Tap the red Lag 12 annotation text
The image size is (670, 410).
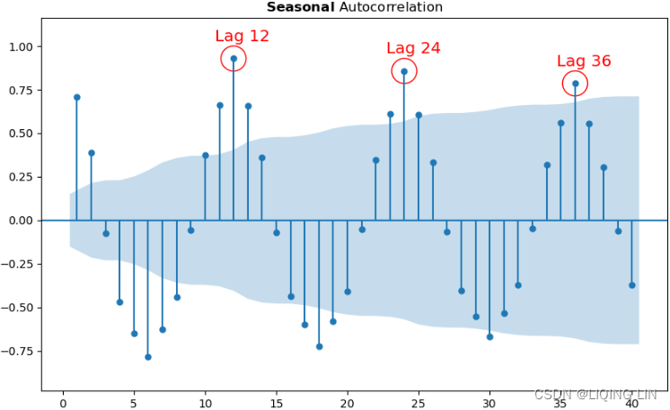pos(242,36)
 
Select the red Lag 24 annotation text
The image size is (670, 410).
pos(413,48)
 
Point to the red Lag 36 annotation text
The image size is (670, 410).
pos(584,61)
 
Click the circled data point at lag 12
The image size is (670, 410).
pos(234,58)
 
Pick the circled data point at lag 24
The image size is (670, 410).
pos(404,71)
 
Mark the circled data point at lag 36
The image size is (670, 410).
pos(576,83)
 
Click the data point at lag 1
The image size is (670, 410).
pos(77,97)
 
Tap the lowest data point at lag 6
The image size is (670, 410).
pos(148,357)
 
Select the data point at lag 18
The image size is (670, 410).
pos(319,346)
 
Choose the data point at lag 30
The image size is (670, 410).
pos(489,336)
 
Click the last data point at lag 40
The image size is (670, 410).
pos(632,285)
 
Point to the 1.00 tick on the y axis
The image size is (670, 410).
pos(20,47)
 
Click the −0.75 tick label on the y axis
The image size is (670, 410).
pos(17,351)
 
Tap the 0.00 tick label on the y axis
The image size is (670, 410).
pos(20,221)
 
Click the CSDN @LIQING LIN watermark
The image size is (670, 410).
pos(595,395)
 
